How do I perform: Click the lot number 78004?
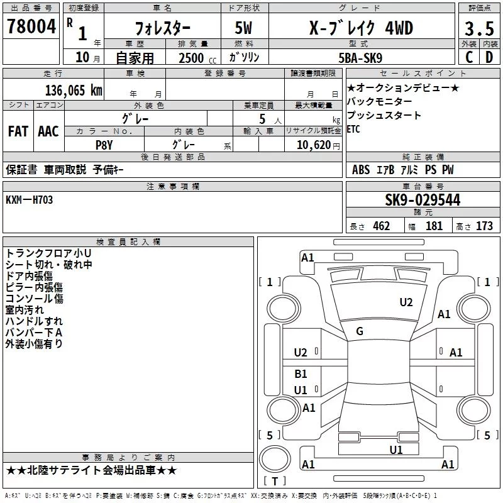pyautogui.click(x=31, y=26)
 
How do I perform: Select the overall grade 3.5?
pyautogui.click(x=479, y=28)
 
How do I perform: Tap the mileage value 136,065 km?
pyautogui.click(x=74, y=91)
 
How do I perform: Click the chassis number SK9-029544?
pyautogui.click(x=423, y=200)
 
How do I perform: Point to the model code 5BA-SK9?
pyautogui.click(x=360, y=58)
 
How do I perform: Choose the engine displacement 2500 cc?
pyautogui.click(x=197, y=58)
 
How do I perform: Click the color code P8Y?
pyautogui.click(x=104, y=145)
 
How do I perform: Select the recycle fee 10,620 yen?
pyautogui.click(x=318, y=145)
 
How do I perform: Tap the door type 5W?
pyautogui.click(x=243, y=28)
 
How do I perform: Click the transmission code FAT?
pyautogui.click(x=18, y=131)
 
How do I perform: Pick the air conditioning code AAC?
pyautogui.click(x=48, y=131)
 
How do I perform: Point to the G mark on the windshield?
pyautogui.click(x=360, y=331)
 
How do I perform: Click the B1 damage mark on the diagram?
pyautogui.click(x=301, y=373)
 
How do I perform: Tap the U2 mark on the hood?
pyautogui.click(x=406, y=302)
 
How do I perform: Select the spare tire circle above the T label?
pyautogui.click(x=275, y=458)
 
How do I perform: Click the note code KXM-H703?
pyautogui.click(x=29, y=200)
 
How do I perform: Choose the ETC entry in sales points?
pyautogui.click(x=353, y=130)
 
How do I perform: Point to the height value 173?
pyautogui.click(x=484, y=226)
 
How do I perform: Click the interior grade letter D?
pyautogui.click(x=489, y=57)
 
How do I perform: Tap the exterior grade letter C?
pyautogui.click(x=469, y=57)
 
